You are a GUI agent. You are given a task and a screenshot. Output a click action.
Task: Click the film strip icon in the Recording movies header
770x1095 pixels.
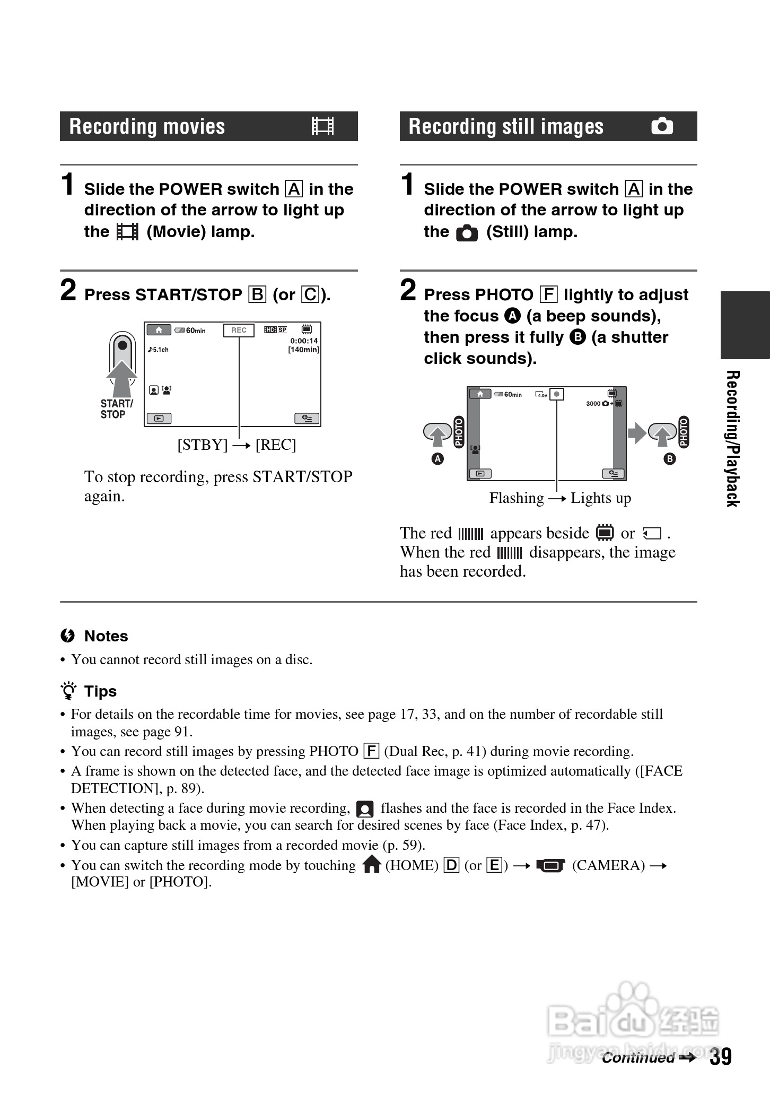(323, 126)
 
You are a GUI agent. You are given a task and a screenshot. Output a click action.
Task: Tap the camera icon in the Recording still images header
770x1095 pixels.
(662, 126)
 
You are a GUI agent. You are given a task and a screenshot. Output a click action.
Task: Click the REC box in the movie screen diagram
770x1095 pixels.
(239, 330)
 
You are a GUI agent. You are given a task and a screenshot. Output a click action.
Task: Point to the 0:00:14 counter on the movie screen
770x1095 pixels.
(304, 341)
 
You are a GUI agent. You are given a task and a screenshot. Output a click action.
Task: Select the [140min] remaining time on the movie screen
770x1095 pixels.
(303, 350)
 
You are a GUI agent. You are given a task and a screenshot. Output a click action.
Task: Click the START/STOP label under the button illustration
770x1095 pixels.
(116, 409)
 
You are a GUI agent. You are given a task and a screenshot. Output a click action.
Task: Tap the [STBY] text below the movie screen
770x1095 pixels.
(202, 445)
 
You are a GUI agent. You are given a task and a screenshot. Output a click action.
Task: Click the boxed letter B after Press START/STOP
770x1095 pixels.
(257, 294)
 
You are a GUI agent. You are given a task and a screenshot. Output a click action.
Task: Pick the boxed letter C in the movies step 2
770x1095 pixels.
(310, 294)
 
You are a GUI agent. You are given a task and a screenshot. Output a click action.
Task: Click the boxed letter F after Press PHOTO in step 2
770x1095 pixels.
(548, 294)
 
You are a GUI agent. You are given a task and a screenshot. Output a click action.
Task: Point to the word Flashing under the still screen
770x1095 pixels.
(516, 498)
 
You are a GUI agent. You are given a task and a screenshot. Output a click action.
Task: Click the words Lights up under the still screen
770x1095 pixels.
(600, 498)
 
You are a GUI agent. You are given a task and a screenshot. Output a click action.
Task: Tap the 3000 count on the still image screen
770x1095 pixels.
(593, 404)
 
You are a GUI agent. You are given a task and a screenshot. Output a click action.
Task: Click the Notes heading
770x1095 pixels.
(106, 636)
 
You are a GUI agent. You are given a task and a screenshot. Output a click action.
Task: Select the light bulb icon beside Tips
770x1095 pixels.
(68, 691)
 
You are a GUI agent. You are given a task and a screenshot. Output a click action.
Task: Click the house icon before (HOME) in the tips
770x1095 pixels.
(372, 865)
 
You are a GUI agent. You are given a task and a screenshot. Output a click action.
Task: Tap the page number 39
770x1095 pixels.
(721, 1056)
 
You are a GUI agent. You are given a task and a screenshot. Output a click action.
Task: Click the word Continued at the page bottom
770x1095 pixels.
(638, 1058)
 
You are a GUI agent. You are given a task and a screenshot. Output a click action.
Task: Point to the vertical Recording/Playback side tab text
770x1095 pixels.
(732, 438)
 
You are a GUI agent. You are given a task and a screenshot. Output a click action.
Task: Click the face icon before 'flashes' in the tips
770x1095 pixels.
(365, 809)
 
